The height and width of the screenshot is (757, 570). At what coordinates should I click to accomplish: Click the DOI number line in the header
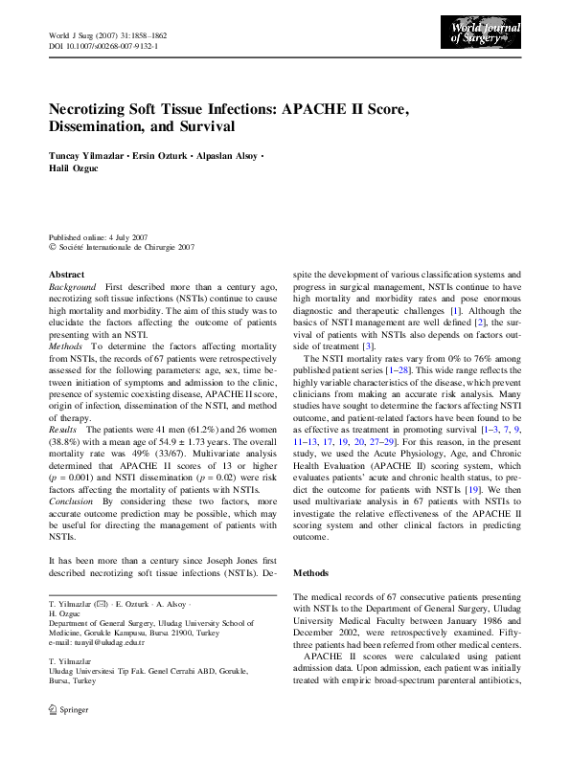pyautogui.click(x=103, y=45)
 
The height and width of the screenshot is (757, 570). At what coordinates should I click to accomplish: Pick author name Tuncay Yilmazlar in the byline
pyautogui.click(x=88, y=155)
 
